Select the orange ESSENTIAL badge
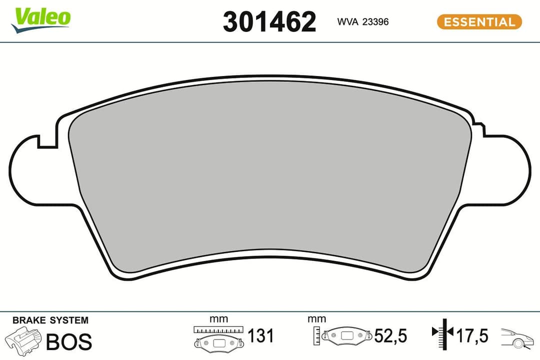tap(479, 22)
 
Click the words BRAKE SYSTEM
tap(50, 320)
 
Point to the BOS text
tap(69, 341)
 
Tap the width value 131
tap(260, 335)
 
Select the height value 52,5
tap(391, 335)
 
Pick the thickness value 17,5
tap(471, 335)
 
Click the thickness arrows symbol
tap(442, 333)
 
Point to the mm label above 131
tap(218, 319)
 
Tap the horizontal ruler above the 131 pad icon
tap(218, 330)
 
